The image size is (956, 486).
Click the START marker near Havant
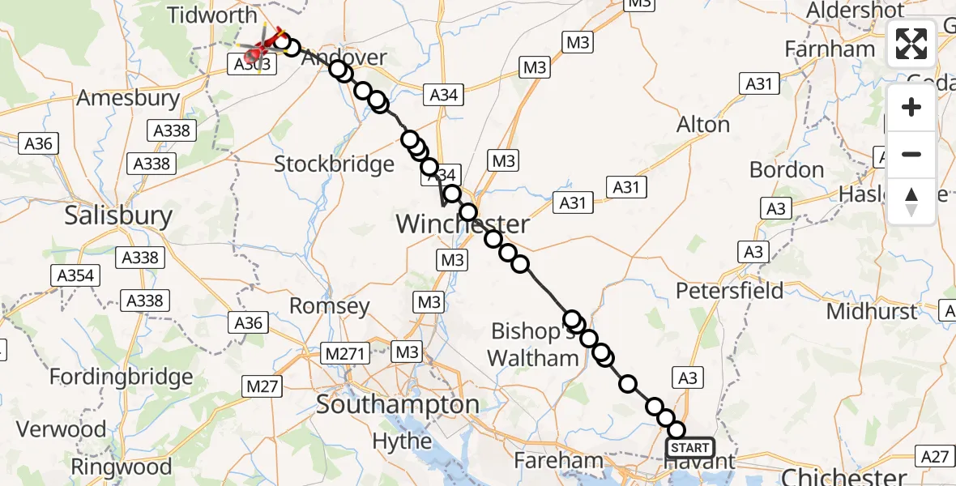(690, 448)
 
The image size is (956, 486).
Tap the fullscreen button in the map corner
(911, 44)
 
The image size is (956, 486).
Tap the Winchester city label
(462, 224)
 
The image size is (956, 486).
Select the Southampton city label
(397, 404)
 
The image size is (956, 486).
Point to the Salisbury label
(118, 216)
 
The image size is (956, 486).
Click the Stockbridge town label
(334, 164)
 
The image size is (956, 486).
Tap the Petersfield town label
(730, 290)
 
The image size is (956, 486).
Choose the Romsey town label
(330, 306)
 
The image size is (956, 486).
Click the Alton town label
(703, 125)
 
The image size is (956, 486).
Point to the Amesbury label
(128, 99)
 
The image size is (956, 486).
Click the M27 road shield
(262, 386)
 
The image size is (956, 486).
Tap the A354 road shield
(75, 275)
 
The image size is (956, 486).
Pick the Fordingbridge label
(122, 377)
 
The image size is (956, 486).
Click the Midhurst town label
(872, 311)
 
